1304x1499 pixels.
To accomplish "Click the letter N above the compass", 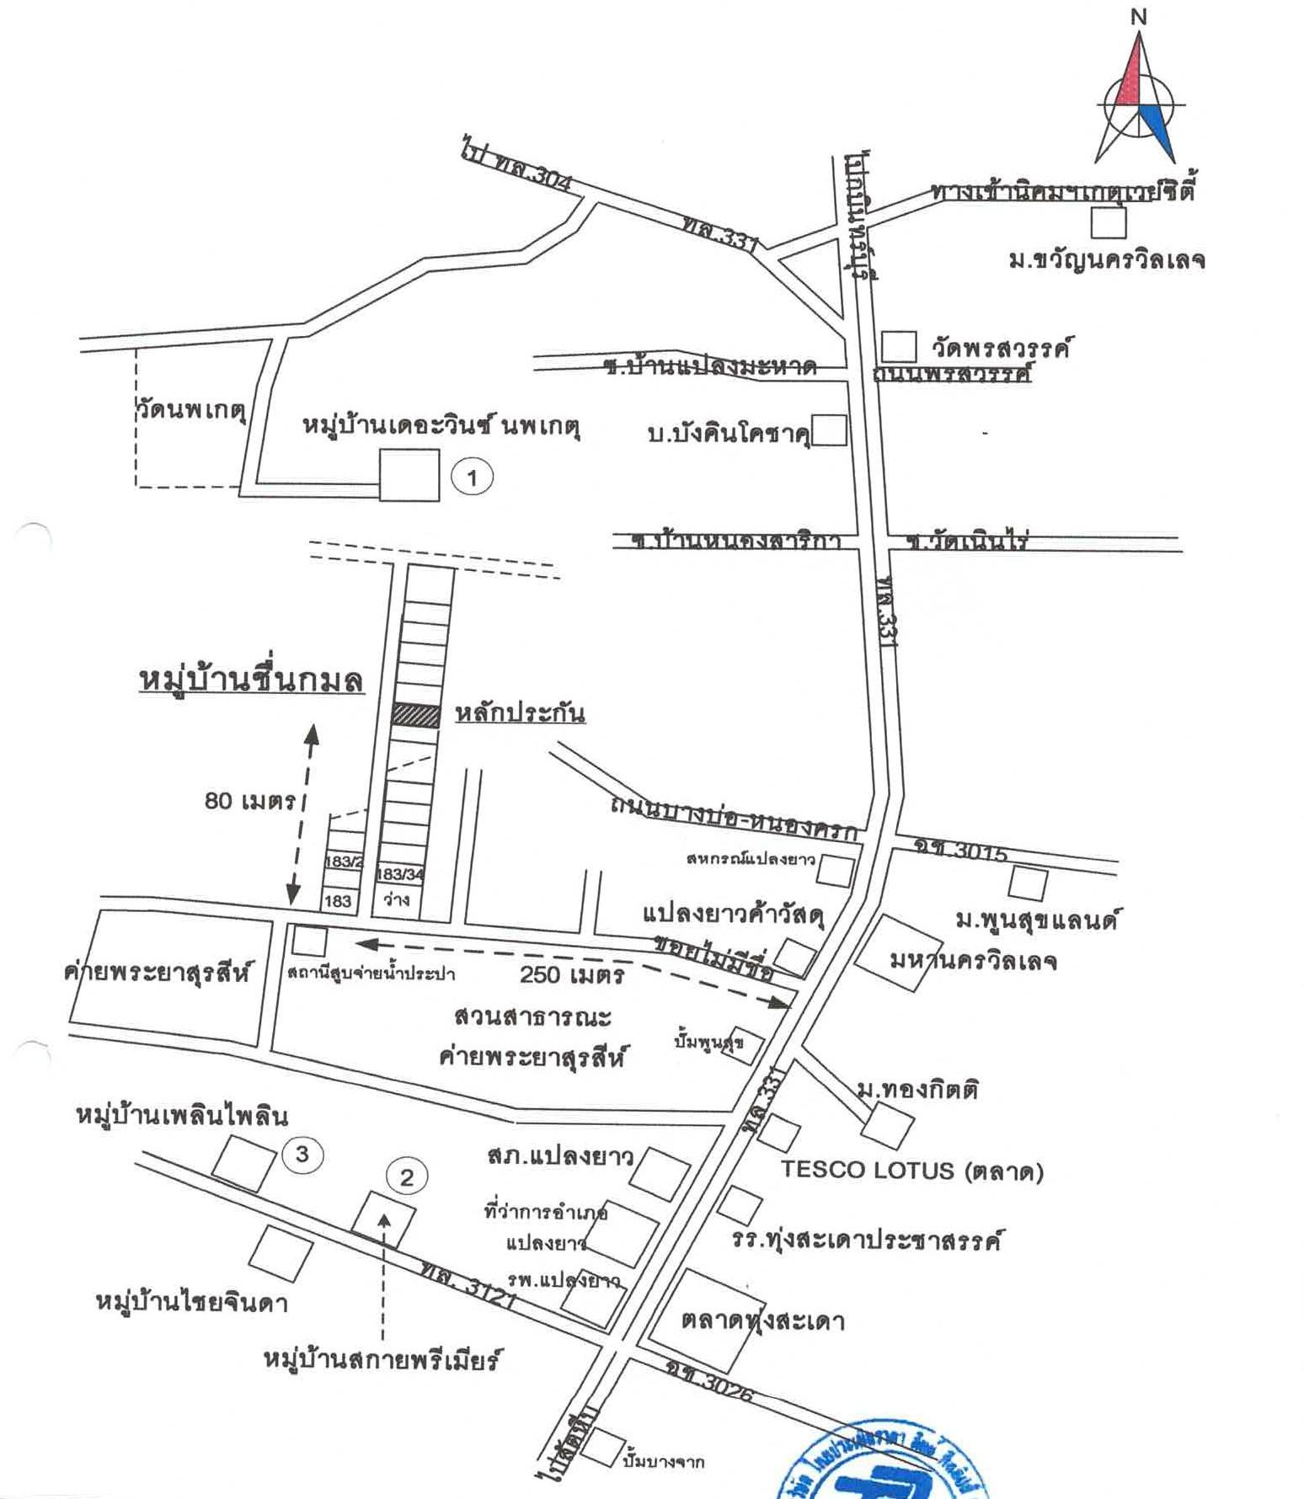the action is click(x=1139, y=16).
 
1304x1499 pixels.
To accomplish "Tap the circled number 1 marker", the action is click(x=472, y=478).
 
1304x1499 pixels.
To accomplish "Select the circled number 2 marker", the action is click(x=407, y=1176).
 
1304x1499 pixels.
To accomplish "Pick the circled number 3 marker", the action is click(x=302, y=1154).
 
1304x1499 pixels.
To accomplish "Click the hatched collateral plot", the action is click(x=416, y=716).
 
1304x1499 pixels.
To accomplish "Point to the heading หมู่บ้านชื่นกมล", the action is click(x=251, y=680).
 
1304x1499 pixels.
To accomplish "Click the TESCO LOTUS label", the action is click(x=911, y=1170).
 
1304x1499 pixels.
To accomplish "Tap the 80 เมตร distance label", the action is click(x=249, y=800).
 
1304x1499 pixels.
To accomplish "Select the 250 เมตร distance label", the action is click(x=572, y=974).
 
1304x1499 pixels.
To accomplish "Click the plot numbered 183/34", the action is click(x=401, y=874).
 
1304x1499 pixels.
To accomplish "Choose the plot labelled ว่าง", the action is click(x=397, y=899).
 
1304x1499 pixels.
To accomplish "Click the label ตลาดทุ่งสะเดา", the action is click(x=762, y=1320).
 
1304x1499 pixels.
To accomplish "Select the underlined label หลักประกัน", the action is click(x=520, y=713).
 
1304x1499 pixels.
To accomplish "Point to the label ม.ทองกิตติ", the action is click(x=917, y=1090).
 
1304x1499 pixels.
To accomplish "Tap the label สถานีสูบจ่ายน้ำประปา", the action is click(x=371, y=974).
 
